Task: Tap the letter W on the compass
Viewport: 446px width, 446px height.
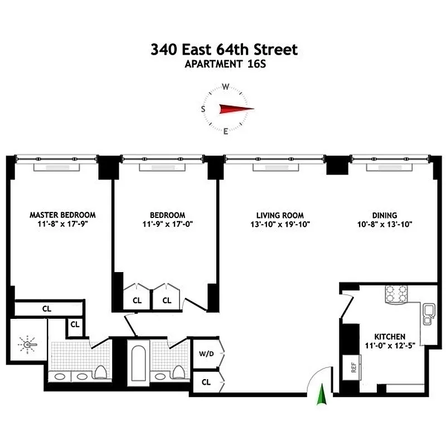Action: pos(226,87)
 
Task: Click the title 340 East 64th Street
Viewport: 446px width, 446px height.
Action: pos(224,50)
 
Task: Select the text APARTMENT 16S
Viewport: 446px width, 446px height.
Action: pos(224,64)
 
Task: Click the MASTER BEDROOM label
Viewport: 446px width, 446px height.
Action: pos(62,215)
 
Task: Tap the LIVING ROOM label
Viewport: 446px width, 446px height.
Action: pos(280,215)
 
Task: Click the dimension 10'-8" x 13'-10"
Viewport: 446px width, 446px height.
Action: pos(385,225)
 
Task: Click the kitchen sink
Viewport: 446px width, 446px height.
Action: pos(428,314)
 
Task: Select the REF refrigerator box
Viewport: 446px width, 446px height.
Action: pos(353,367)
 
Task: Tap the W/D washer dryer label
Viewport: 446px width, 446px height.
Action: pos(206,354)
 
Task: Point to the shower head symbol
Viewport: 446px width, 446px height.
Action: pos(28,346)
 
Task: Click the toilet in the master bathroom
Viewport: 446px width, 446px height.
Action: pos(100,372)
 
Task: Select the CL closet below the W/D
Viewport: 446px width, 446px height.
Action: pos(206,382)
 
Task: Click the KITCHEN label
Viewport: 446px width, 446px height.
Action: pos(390,337)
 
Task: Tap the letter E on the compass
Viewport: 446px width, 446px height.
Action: pos(226,132)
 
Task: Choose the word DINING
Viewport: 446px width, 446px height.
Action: pos(385,215)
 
